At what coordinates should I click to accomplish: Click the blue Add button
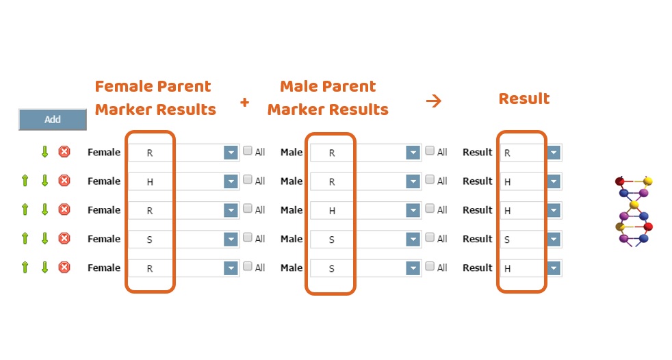[x=52, y=120]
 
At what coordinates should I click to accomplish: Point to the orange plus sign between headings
[x=245, y=102]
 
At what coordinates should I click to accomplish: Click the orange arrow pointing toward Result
[x=434, y=101]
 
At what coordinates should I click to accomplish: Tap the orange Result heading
[x=524, y=99]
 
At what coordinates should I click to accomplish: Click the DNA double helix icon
[x=634, y=211]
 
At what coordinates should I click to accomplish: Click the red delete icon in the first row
[x=64, y=152]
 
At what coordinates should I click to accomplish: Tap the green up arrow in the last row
[x=25, y=268]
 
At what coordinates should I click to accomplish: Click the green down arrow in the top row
[x=44, y=152]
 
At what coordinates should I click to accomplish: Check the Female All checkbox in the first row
[x=247, y=151]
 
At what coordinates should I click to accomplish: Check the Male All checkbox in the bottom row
[x=430, y=266]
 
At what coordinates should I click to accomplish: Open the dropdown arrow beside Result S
[x=554, y=239]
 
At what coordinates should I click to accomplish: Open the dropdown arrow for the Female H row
[x=231, y=181]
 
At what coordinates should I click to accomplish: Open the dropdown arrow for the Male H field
[x=413, y=210]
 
